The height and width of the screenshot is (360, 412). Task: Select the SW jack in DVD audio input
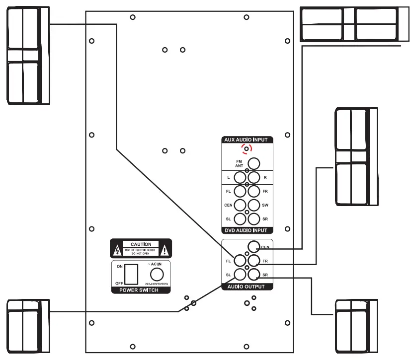pyautogui.click(x=254, y=204)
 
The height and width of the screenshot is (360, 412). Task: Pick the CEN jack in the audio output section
pyautogui.click(x=254, y=247)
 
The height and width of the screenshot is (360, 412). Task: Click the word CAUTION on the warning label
pyautogui.click(x=141, y=244)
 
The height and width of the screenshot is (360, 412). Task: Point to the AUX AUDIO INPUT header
pyautogui.click(x=247, y=140)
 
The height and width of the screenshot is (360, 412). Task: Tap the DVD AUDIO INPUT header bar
pyautogui.click(x=247, y=230)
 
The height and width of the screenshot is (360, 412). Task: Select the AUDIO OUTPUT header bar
pyautogui.click(x=247, y=287)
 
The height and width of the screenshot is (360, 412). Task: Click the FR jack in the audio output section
pyautogui.click(x=254, y=260)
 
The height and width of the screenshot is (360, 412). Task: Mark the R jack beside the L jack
pyautogui.click(x=254, y=177)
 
